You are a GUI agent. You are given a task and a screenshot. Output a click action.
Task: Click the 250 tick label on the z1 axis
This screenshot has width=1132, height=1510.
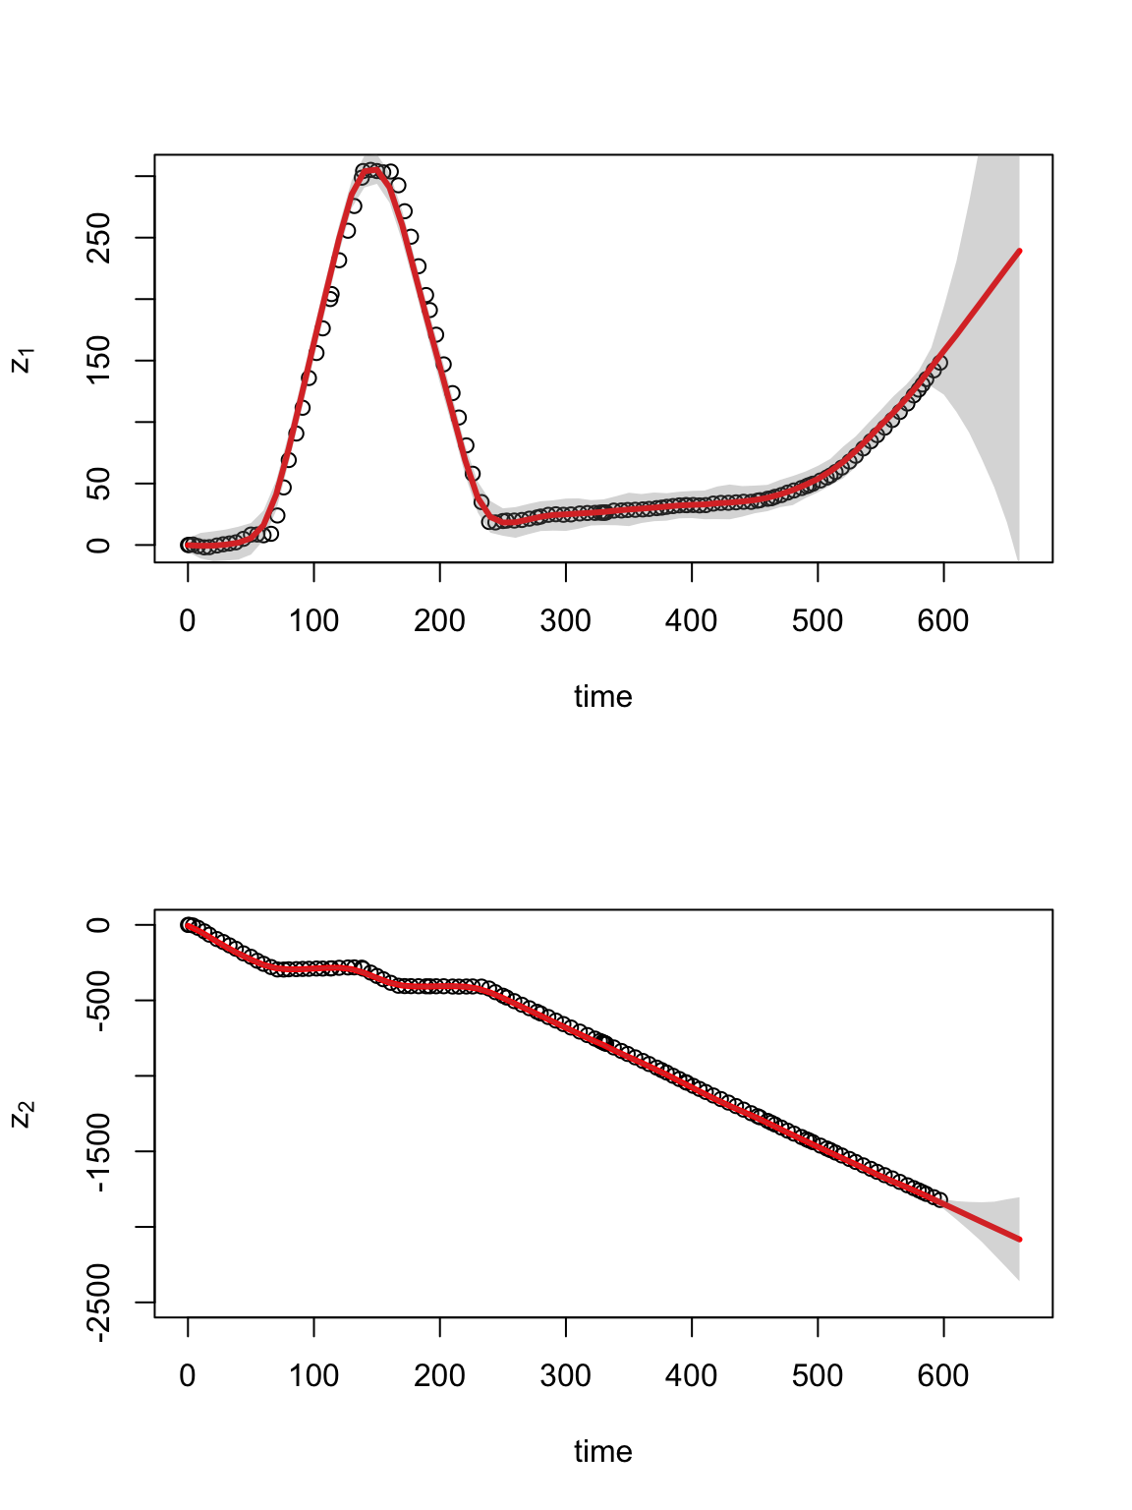[x=99, y=238]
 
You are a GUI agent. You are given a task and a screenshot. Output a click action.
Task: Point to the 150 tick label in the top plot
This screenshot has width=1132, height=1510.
[x=99, y=361]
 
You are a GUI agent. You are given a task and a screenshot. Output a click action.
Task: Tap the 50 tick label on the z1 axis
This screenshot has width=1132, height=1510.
[x=99, y=484]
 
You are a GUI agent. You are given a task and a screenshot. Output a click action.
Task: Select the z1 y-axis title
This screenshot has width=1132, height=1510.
[x=22, y=361]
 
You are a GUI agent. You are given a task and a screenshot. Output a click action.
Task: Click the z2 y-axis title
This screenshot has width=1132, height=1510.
[x=22, y=1115]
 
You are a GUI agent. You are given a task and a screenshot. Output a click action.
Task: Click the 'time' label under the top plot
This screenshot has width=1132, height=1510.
[x=602, y=697]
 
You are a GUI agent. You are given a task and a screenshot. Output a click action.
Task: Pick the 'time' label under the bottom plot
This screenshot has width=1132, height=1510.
[x=602, y=1452]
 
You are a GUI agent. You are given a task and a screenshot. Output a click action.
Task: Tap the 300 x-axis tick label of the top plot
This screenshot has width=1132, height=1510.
[x=565, y=621]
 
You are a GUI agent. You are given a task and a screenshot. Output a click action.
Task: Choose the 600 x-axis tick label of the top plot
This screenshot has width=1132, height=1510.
[x=943, y=621]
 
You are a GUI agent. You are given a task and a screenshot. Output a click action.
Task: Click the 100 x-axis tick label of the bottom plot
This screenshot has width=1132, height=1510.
[x=313, y=1376]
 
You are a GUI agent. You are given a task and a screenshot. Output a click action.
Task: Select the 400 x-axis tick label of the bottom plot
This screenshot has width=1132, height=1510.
[x=692, y=1376]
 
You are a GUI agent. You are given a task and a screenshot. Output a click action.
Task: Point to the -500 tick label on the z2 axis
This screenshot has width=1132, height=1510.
[x=99, y=1001]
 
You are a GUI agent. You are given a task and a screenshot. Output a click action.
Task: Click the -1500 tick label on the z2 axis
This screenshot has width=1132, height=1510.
[x=99, y=1151]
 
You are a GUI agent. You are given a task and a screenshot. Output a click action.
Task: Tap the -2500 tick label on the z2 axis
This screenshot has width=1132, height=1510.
[x=99, y=1303]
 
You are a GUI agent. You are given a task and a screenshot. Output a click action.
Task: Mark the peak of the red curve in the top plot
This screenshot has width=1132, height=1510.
[x=372, y=170]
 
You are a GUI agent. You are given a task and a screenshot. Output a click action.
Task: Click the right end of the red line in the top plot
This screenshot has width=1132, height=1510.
[x=1020, y=251]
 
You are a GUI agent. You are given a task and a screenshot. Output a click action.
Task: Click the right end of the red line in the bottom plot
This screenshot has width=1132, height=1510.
[x=1020, y=1240]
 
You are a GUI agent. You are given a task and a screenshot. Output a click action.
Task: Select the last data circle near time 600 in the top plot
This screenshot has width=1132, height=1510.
[x=940, y=363]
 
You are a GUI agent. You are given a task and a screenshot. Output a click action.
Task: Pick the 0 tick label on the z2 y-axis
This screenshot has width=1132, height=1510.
[x=99, y=925]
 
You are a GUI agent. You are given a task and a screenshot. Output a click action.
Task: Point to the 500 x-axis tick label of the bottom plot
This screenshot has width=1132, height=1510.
[x=818, y=1376]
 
